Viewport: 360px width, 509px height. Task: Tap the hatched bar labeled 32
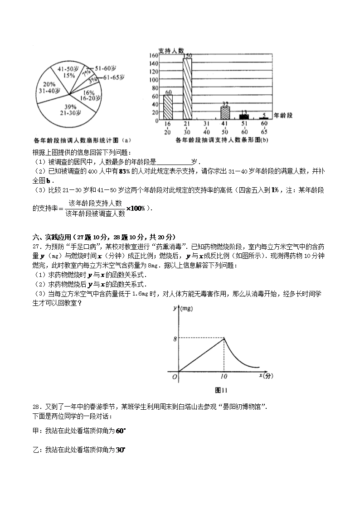tap(225, 113)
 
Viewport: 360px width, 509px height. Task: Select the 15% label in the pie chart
tap(69, 75)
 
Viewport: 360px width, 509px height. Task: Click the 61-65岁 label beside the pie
tap(114, 78)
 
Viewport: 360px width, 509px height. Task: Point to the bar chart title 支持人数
tap(170, 50)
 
